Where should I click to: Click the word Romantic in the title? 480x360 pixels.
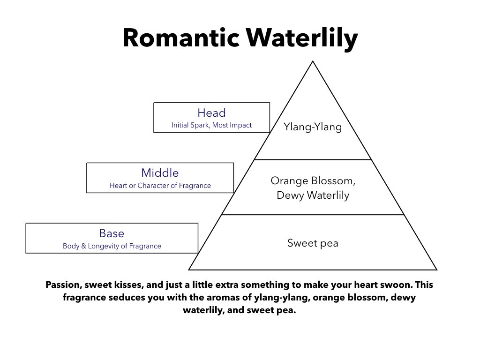[181, 38]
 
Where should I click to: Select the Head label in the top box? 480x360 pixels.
[211, 112]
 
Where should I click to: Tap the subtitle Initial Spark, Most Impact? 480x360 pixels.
[211, 125]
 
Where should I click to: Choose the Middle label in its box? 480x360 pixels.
[160, 172]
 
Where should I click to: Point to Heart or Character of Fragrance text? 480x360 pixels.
[160, 186]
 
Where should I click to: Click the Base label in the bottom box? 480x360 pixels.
[112, 233]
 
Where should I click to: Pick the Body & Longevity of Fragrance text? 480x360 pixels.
[112, 246]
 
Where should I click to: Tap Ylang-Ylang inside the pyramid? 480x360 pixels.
[313, 127]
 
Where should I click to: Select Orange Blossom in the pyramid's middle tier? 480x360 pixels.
[311, 180]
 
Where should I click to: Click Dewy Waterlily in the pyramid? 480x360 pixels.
[313, 195]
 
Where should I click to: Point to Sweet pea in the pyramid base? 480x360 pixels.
[313, 243]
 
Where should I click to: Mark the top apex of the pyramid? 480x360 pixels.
[313, 61]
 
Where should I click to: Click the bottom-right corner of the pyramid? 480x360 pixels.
[436, 270]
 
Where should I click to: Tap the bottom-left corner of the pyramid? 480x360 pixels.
[188, 270]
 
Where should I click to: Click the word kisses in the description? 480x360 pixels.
[128, 285]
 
